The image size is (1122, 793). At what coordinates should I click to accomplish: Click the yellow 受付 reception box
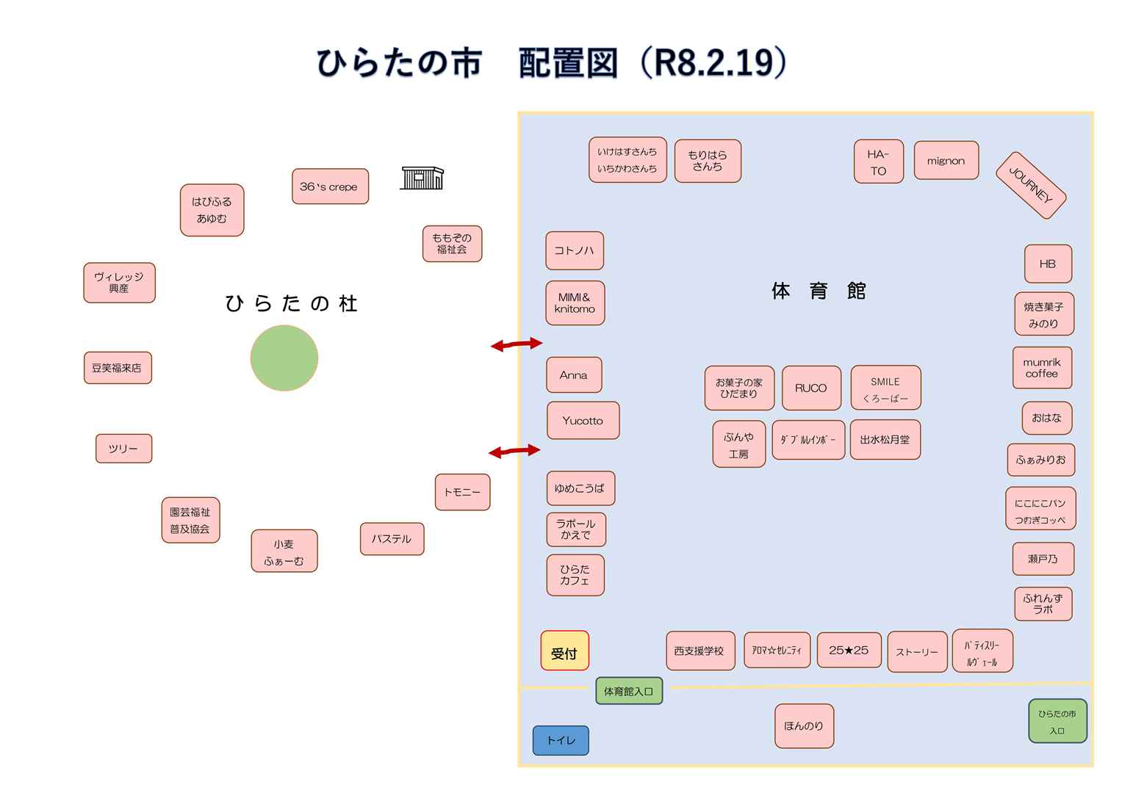564,651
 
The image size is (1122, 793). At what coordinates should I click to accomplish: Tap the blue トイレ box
561,740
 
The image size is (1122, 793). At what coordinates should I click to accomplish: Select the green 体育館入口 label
628,691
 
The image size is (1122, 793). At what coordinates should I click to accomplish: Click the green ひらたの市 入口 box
1057,721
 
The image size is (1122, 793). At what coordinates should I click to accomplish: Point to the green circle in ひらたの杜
284,358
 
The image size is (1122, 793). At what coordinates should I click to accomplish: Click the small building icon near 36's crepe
422,178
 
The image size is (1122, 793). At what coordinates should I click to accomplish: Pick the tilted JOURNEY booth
1030,186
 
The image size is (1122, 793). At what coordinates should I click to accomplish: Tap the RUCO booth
810,388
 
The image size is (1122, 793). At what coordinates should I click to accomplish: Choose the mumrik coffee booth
1041,368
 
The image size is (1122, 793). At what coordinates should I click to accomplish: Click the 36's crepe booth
329,187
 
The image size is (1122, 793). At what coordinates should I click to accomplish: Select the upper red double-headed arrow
517,344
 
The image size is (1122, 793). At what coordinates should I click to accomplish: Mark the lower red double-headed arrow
514,451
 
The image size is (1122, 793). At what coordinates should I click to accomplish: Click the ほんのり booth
803,725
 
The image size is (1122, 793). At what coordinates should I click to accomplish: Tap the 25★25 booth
848,650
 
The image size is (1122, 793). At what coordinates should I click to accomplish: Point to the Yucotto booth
583,421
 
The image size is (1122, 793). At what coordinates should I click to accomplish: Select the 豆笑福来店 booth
117,368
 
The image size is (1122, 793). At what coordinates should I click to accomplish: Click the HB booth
1047,264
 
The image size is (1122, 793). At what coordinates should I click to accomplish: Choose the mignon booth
946,161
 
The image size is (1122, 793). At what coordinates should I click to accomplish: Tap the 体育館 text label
818,292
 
